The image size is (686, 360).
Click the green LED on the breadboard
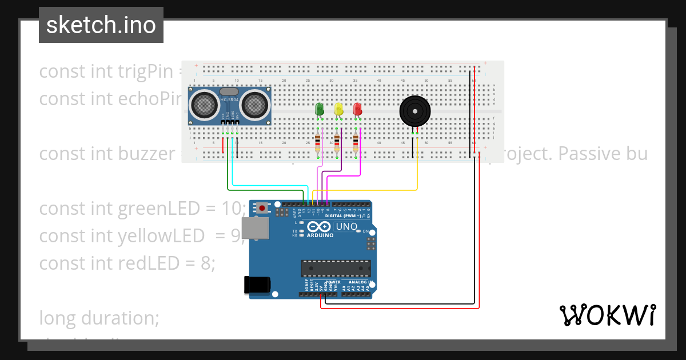coord(320,109)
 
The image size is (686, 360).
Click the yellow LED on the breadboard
coord(338,109)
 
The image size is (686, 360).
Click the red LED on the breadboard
coord(357,109)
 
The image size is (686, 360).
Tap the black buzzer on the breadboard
coord(414,111)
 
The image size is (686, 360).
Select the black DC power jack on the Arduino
coord(256,285)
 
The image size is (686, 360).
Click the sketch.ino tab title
coord(101,25)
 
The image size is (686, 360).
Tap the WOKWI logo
coord(607,315)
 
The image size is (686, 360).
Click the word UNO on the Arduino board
coord(346,227)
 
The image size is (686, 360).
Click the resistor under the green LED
coord(318,141)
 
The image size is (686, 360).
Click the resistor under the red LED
coord(356,141)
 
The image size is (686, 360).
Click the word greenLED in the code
coord(156,209)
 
